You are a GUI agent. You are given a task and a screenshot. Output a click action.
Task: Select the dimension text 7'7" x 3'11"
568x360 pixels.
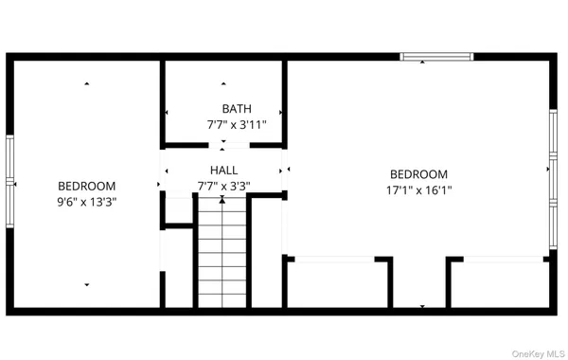238,124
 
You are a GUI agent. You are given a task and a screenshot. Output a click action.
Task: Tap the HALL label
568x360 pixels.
224,171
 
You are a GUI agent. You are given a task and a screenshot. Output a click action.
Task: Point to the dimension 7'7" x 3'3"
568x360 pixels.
223,187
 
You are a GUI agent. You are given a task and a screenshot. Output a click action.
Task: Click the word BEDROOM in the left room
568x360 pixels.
87,187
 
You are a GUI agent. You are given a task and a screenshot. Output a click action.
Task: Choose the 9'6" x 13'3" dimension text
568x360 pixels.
87,202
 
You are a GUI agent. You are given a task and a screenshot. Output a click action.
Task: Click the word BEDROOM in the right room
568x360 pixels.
418,174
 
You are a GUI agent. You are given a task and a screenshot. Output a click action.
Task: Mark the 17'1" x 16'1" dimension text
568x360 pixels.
418,189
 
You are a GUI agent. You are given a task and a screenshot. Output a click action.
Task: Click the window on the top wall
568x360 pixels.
436,57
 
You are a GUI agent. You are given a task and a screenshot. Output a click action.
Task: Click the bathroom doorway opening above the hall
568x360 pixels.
223,145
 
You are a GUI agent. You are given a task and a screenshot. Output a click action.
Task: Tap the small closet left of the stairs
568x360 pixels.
178,211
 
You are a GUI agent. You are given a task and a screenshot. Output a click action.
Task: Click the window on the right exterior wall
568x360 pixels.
555,179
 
